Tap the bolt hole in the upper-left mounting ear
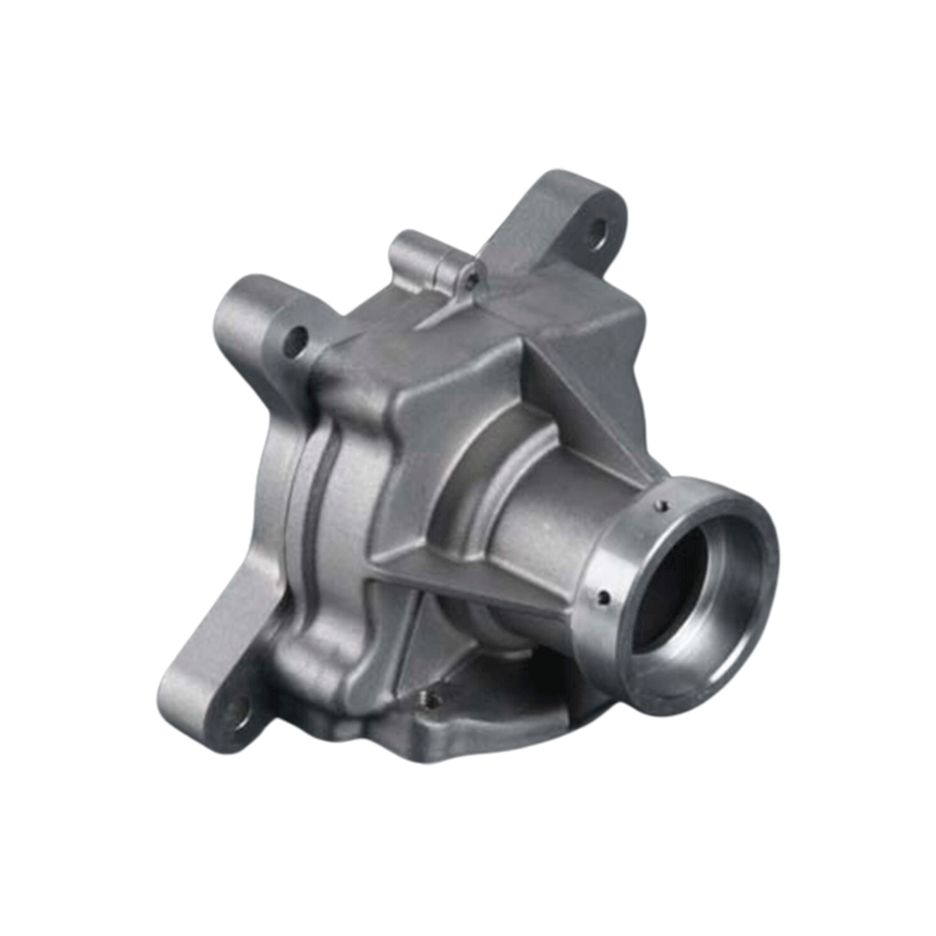[296, 341]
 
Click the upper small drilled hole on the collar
[663, 505]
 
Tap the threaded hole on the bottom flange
[432, 697]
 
